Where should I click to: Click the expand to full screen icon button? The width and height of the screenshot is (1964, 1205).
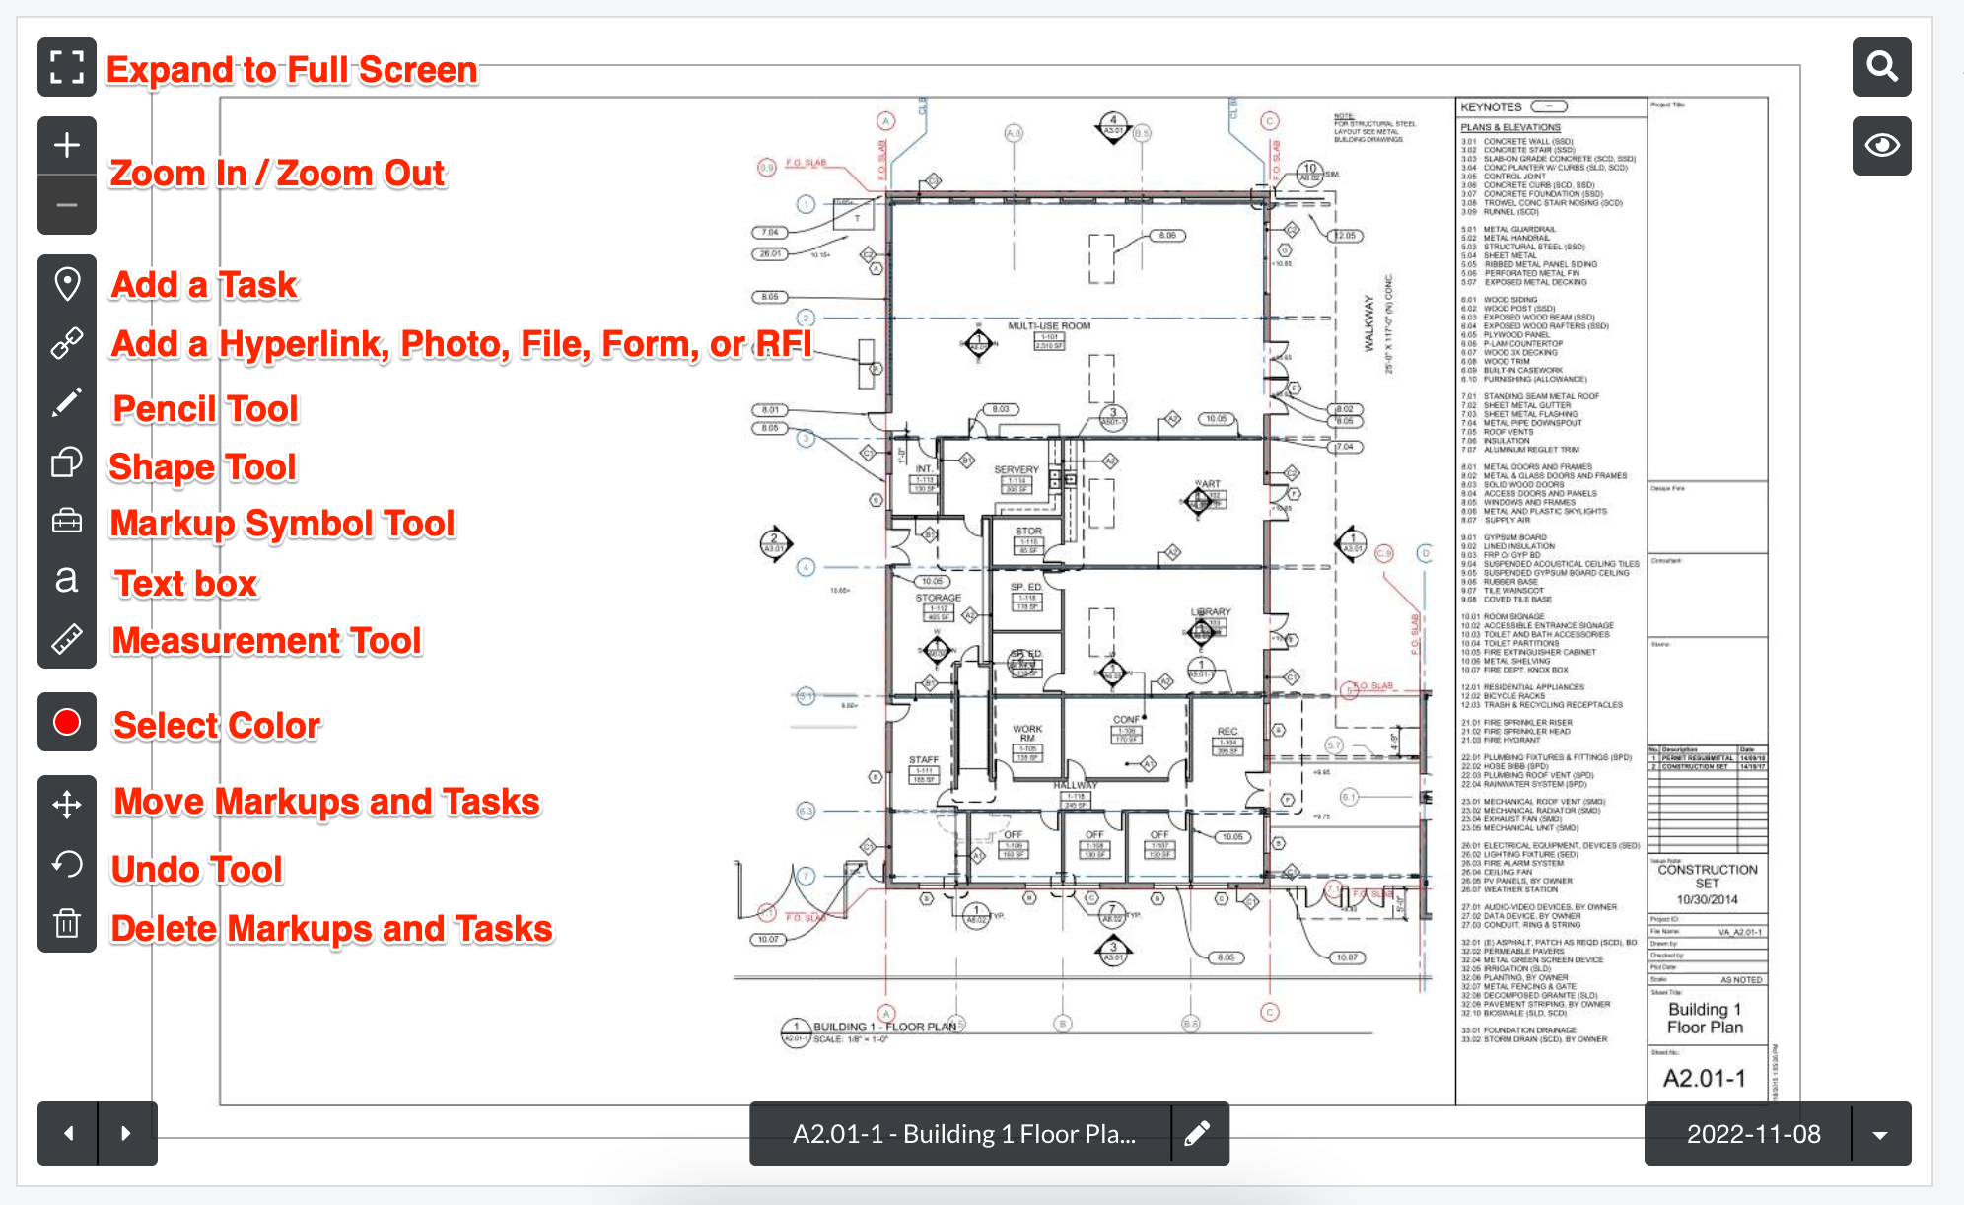coord(67,67)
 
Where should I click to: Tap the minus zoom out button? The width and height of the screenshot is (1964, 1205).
coord(67,205)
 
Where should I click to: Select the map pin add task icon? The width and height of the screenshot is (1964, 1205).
coord(67,284)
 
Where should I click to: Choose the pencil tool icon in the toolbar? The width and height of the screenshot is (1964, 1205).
coord(67,402)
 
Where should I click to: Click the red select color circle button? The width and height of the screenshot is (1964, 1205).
coord(67,722)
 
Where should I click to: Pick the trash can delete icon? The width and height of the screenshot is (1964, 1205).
coord(67,923)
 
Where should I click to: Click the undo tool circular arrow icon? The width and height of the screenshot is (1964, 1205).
coord(67,864)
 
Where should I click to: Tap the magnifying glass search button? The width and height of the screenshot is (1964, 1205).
coord(1881,67)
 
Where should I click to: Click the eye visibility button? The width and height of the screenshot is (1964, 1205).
coord(1881,146)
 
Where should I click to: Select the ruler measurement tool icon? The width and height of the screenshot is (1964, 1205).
coord(67,639)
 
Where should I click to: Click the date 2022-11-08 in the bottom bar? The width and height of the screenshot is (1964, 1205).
coord(1753,1134)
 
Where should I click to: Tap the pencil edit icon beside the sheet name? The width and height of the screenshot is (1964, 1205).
coord(1198,1134)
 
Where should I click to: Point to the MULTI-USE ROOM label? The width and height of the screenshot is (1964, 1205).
coord(1048,325)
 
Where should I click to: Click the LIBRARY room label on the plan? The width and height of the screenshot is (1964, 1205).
coord(1211,612)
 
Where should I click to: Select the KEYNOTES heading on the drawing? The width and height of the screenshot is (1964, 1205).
coord(1491,106)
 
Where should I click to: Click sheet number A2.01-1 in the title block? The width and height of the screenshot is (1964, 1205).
coord(1704,1078)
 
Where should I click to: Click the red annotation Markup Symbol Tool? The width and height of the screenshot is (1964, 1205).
coord(283,524)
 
